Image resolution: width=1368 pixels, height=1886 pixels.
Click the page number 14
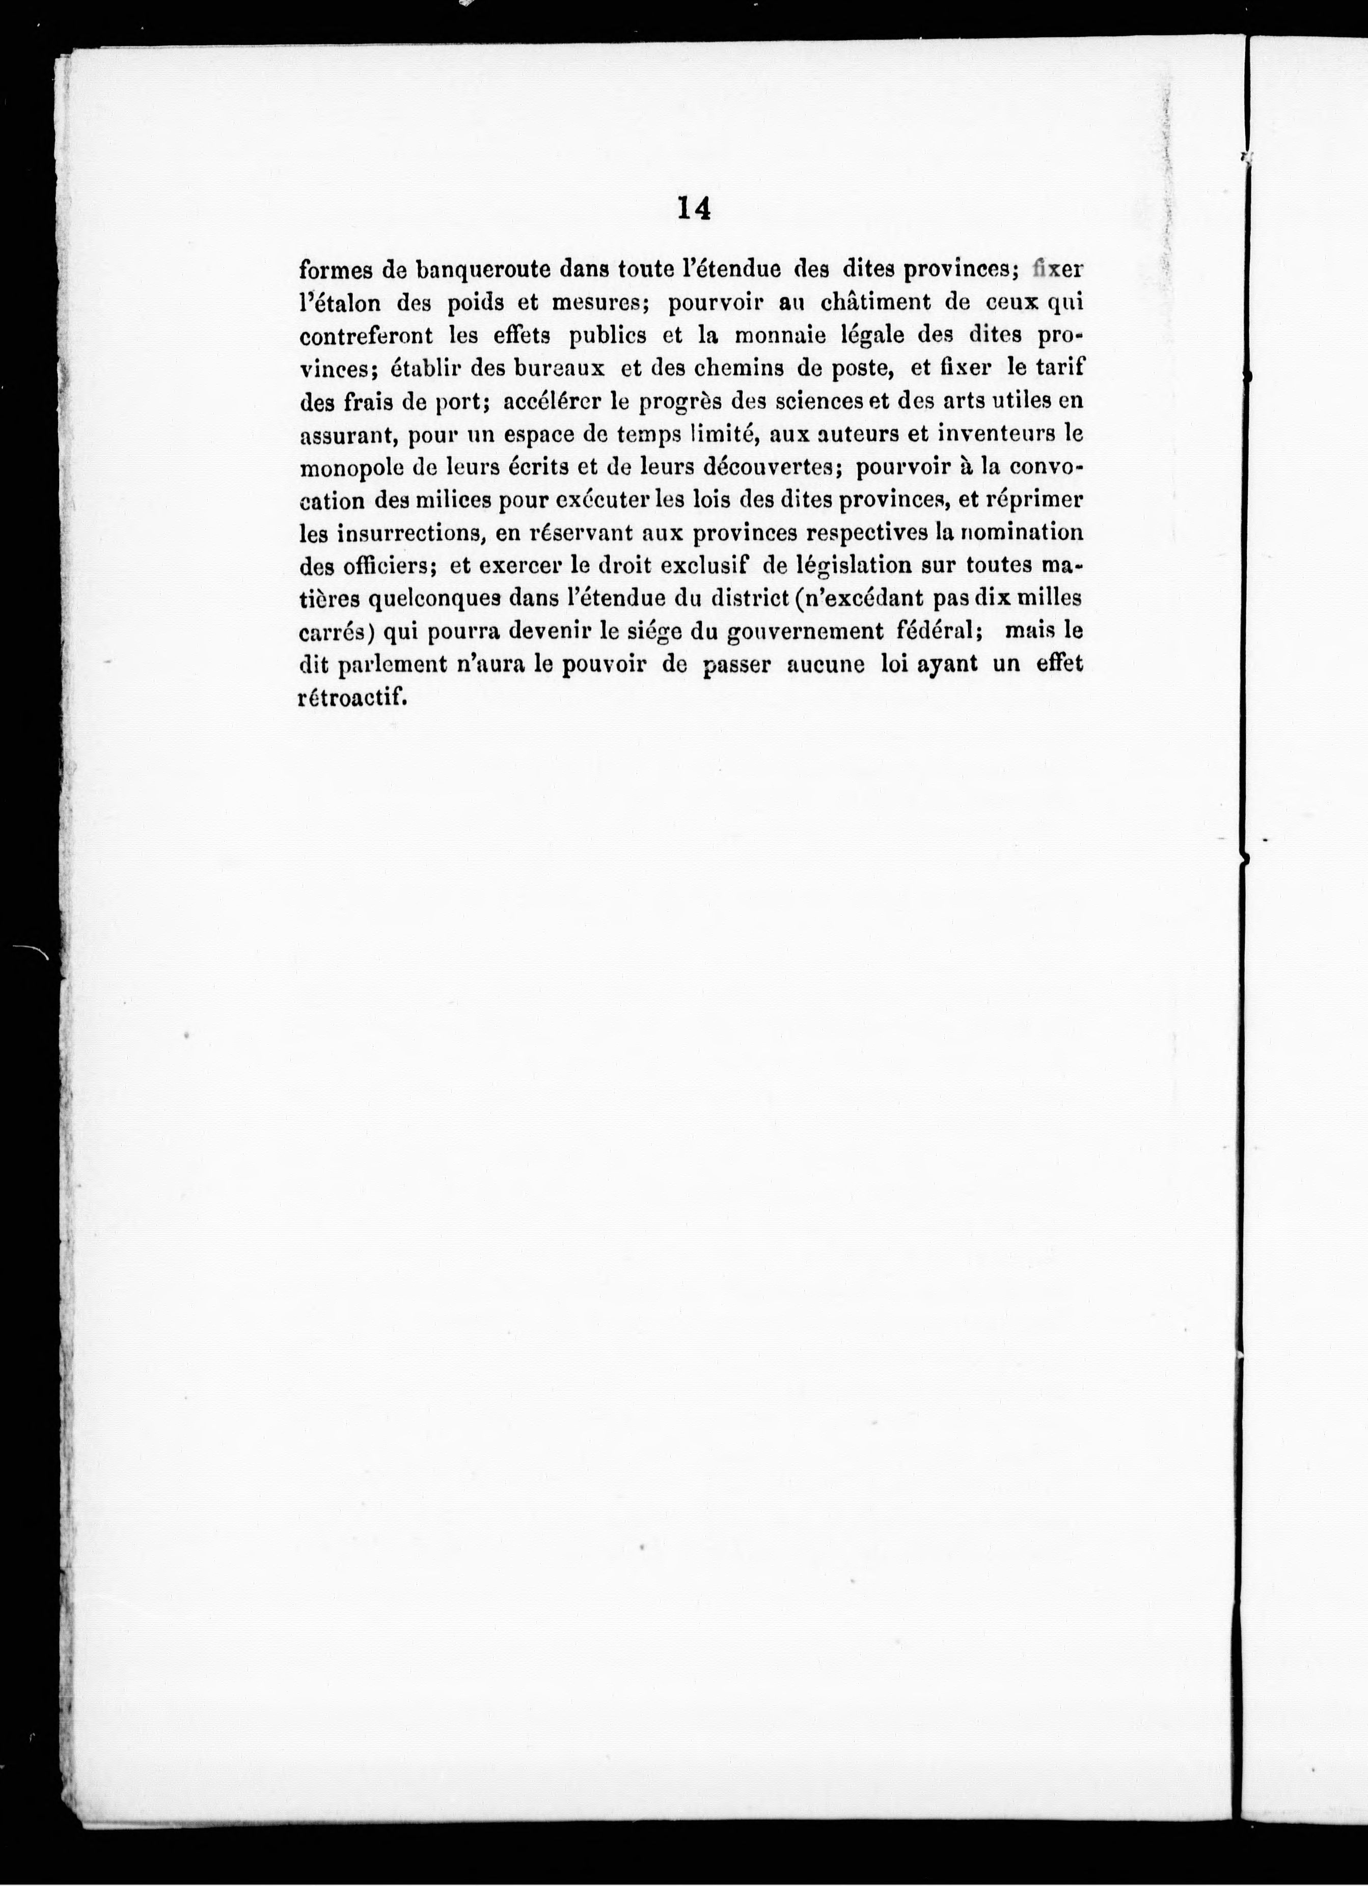(694, 208)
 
